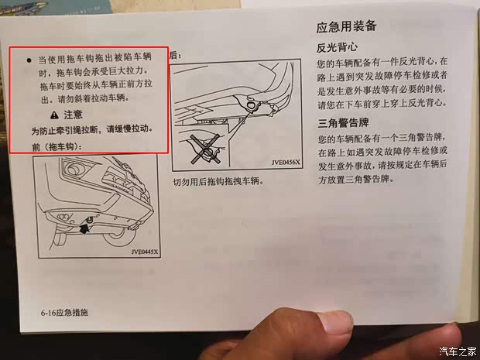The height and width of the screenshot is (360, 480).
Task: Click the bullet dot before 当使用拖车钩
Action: [x=28, y=59]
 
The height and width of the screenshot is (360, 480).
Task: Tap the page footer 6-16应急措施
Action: [x=65, y=312]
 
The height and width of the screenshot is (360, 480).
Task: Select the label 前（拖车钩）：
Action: [x=57, y=146]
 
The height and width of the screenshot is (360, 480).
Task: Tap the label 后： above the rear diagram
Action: [x=174, y=55]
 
